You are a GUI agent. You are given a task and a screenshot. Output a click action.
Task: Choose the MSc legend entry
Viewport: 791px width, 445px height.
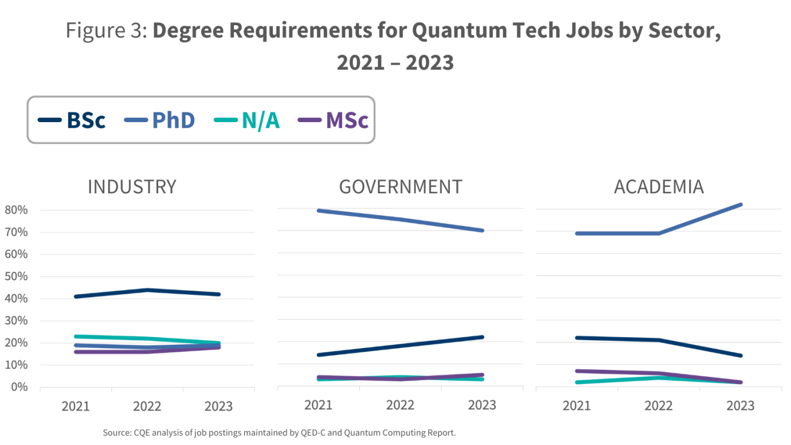click(333, 120)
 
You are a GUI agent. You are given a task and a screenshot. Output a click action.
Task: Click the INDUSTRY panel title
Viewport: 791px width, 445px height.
click(132, 187)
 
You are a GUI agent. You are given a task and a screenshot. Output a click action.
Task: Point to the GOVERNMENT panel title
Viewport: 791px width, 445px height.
click(400, 187)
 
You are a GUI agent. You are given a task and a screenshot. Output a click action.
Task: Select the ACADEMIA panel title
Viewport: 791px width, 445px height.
click(659, 187)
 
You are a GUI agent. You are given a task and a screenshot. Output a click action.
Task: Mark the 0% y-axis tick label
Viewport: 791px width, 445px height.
click(18, 387)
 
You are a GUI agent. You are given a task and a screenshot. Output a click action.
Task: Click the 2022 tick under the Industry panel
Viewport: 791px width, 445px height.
click(147, 406)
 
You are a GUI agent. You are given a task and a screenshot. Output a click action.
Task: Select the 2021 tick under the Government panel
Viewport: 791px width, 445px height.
click(319, 405)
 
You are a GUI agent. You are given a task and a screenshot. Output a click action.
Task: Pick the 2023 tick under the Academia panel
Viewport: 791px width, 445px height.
click(740, 405)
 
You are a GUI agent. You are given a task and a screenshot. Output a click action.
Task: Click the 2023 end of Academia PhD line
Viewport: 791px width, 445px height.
click(741, 205)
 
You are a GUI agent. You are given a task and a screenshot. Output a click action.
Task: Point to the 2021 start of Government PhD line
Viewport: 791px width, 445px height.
click(319, 210)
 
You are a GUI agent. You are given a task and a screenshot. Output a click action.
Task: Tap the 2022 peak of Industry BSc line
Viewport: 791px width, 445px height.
click(147, 290)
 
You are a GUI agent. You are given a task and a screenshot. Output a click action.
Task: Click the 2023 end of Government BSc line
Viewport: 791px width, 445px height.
click(482, 337)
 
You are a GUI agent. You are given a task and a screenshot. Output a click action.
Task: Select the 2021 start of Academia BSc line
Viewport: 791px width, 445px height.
click(577, 338)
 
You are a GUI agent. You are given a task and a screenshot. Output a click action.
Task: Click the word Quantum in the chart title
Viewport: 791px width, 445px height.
click(449, 31)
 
